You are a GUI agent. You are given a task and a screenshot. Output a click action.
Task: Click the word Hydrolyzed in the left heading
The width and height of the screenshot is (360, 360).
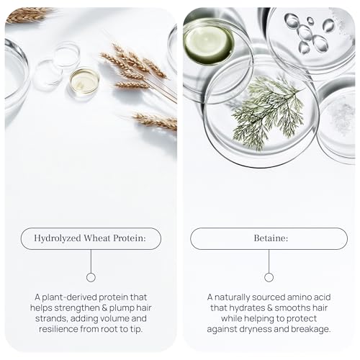pos(58,238)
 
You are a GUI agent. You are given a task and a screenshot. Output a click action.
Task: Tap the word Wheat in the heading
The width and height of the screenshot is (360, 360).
pos(97,238)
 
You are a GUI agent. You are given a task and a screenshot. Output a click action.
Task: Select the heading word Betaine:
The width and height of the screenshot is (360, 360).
pos(271,238)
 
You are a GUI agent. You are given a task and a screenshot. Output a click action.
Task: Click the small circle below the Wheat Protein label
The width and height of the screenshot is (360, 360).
pos(91,277)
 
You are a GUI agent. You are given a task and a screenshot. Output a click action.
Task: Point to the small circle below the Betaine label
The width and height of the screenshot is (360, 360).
pos(269,277)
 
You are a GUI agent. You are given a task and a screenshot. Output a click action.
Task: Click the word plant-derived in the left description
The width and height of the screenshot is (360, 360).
pos(69,297)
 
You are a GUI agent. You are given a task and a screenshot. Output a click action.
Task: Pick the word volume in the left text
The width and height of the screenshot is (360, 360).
pos(114,318)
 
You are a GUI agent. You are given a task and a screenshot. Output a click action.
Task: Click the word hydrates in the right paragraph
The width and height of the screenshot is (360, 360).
pos(248,308)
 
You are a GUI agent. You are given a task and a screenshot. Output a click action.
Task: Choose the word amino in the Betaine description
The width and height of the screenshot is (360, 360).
pos(300,297)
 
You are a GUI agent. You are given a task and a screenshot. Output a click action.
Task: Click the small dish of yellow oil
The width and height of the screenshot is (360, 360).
pos(84,81)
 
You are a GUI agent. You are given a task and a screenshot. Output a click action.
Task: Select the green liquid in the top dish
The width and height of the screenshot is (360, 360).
pos(208,44)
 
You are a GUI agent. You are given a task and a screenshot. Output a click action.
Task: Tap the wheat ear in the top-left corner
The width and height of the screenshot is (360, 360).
pos(27,15)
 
